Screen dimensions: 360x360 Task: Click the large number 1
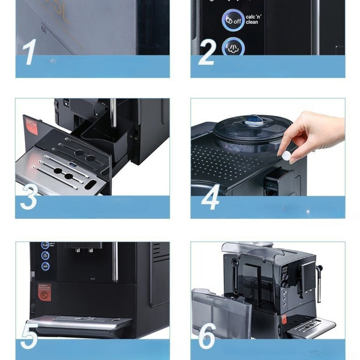pyautogui.click(x=29, y=53)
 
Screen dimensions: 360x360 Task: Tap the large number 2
pyautogui.click(x=207, y=53)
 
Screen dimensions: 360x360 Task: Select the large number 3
pyautogui.click(x=29, y=197)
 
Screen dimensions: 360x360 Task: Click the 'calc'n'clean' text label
pyautogui.click(x=252, y=19)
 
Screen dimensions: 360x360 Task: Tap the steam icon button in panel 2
pyautogui.click(x=233, y=47)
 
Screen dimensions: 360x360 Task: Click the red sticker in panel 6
pyautogui.click(x=283, y=319)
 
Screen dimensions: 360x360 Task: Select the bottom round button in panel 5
pyautogui.click(x=45, y=266)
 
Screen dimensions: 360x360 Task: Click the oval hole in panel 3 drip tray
pyautogui.click(x=90, y=184)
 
